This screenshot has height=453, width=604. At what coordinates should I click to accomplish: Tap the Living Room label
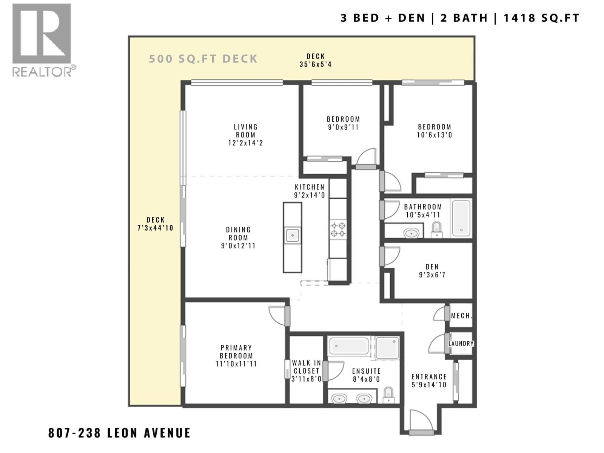[x=245, y=131]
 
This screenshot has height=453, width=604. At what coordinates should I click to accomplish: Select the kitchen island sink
[x=292, y=235]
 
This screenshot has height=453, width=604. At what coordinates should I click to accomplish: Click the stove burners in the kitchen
[x=338, y=230]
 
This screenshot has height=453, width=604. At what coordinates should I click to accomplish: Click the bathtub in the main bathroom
[x=461, y=218]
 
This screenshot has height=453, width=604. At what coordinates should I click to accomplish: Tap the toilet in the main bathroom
[x=437, y=230]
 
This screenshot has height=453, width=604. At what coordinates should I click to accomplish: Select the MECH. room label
[x=461, y=316]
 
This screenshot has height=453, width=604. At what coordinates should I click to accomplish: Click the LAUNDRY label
[x=461, y=344]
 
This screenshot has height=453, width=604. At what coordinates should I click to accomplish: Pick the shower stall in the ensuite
[x=387, y=347]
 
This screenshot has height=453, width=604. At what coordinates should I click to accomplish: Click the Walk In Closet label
[x=306, y=367]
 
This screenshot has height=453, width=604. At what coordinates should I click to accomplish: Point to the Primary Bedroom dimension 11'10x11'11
[x=236, y=364]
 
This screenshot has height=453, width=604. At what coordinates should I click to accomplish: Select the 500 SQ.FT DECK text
[x=203, y=59]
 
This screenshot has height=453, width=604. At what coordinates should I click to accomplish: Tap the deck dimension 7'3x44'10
[x=156, y=228]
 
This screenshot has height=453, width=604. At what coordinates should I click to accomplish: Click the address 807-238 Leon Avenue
[x=119, y=433]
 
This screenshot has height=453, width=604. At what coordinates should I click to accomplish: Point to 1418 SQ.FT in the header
[x=541, y=18]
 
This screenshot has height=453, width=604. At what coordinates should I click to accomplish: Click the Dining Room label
[x=238, y=234]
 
